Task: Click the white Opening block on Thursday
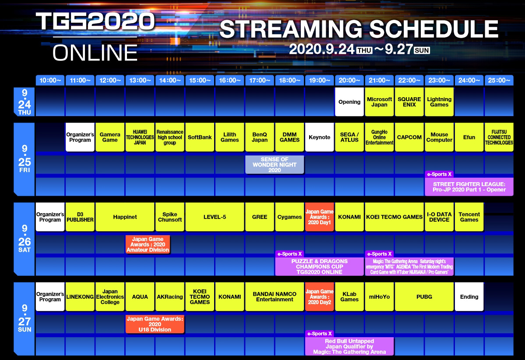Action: (x=349, y=102)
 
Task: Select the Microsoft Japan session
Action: (x=379, y=102)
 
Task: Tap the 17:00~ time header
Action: (x=260, y=81)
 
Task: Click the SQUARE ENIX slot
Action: (x=409, y=102)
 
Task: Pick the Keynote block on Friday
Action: (x=319, y=137)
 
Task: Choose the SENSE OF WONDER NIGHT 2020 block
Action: (x=275, y=164)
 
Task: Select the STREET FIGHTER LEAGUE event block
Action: (x=469, y=187)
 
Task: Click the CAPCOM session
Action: (x=409, y=137)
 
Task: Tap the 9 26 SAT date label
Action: (x=25, y=239)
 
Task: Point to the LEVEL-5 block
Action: (x=215, y=217)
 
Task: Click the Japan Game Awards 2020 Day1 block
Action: (x=319, y=217)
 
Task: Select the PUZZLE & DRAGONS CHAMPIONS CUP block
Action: (x=319, y=267)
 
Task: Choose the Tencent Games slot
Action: (x=469, y=217)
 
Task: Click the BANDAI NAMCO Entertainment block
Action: (x=275, y=296)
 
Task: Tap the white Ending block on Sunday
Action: (x=469, y=296)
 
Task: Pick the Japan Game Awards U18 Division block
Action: (x=155, y=324)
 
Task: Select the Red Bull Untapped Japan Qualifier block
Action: (x=349, y=346)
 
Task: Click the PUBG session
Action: (x=424, y=296)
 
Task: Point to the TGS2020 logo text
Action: (x=95, y=21)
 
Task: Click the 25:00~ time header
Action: (x=499, y=81)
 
